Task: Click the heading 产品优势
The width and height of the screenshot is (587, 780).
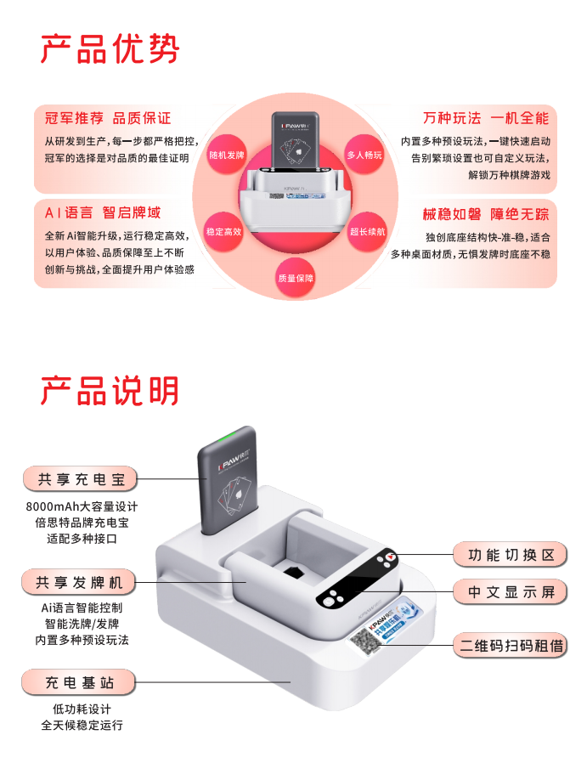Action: point(110,48)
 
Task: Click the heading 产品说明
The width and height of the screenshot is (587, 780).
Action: point(110,390)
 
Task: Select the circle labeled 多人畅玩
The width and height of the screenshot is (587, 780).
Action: point(365,155)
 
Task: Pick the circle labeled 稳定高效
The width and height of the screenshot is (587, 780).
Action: point(224,231)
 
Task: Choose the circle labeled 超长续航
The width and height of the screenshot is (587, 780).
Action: point(367,231)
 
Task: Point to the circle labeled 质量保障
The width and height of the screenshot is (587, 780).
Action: point(295,278)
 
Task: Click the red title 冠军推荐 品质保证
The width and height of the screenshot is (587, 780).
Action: point(108,118)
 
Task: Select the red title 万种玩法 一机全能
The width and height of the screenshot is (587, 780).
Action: point(485,118)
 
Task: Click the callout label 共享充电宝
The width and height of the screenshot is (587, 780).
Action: point(81,480)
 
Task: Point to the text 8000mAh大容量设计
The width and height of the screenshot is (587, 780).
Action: point(82,506)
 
